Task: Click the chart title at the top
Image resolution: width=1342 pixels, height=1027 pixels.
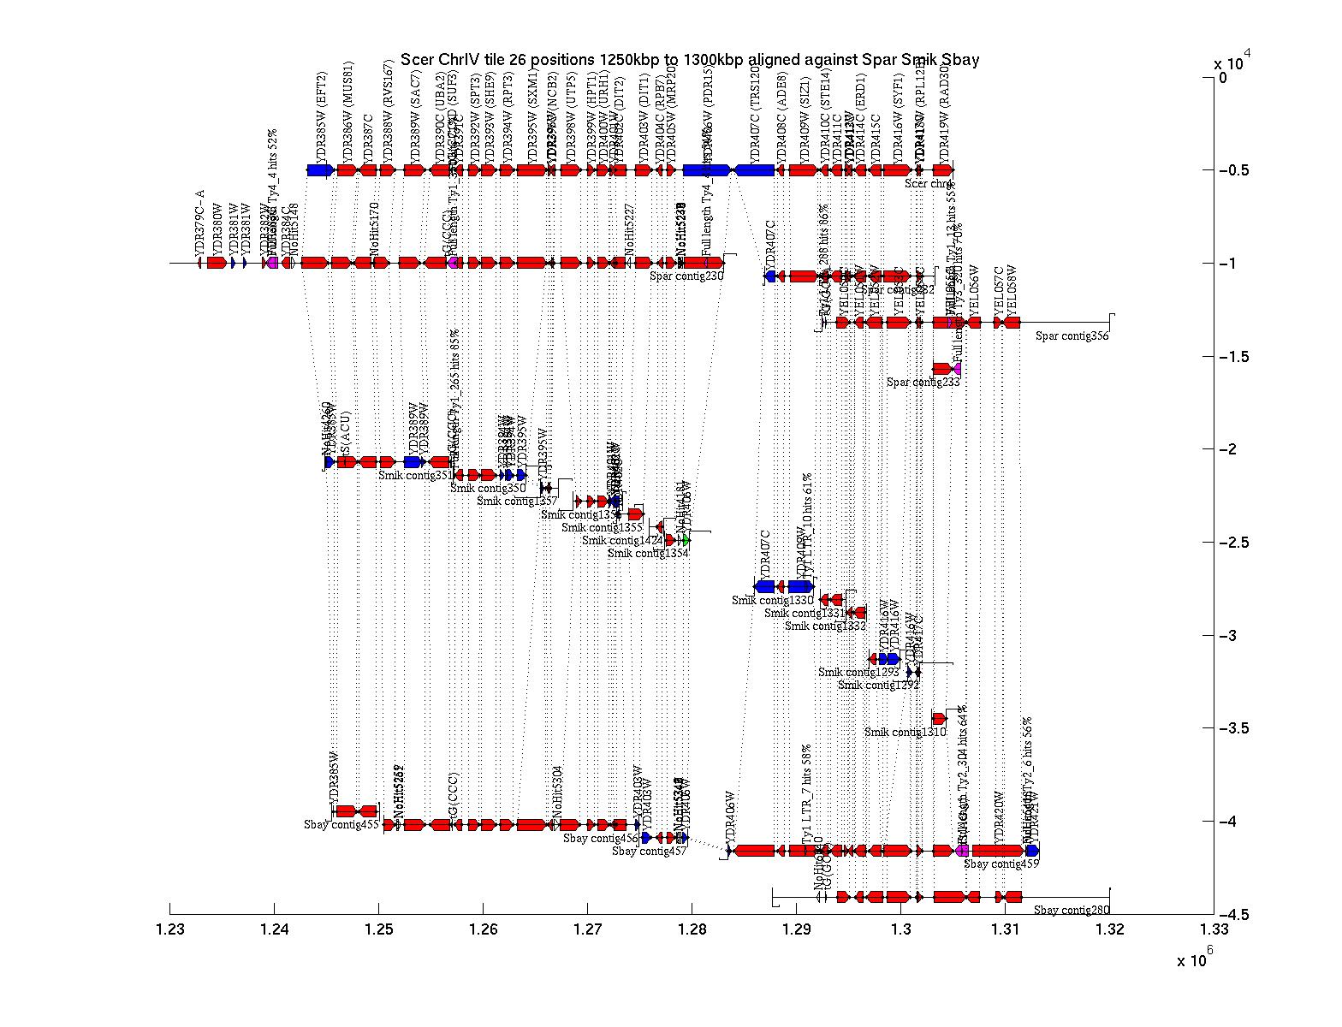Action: tap(689, 60)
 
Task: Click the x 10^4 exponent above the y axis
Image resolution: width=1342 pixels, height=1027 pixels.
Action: tap(1232, 62)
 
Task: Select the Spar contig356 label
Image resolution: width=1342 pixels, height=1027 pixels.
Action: tap(1072, 335)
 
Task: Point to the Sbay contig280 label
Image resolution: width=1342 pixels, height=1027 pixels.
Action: tap(1071, 910)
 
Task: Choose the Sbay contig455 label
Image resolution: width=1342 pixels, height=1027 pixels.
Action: tap(341, 825)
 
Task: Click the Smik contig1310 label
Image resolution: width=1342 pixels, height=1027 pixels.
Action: tap(906, 732)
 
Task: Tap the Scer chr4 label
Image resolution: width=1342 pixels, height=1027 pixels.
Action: tap(929, 183)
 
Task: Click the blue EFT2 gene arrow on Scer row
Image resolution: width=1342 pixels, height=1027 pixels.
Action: tap(319, 170)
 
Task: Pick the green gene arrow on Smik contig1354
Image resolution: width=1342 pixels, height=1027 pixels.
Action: tap(686, 540)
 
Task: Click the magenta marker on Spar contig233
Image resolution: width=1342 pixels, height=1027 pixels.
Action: tap(957, 369)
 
